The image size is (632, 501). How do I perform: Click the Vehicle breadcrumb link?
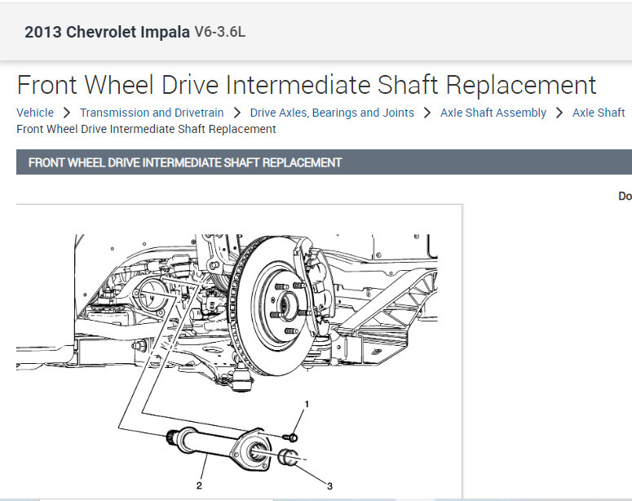click(35, 113)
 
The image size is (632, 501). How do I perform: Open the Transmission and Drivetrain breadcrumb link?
click(152, 113)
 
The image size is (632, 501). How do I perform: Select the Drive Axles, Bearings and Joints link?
click(332, 113)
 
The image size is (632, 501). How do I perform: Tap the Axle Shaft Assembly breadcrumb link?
click(493, 113)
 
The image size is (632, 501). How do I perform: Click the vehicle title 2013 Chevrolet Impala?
click(107, 32)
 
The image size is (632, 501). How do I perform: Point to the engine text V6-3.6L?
click(219, 32)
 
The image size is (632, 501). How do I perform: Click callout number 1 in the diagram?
click(307, 404)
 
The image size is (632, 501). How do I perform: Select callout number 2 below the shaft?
click(199, 485)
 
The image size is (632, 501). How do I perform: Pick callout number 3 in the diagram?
click(329, 486)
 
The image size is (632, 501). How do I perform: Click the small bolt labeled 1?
click(289, 437)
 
